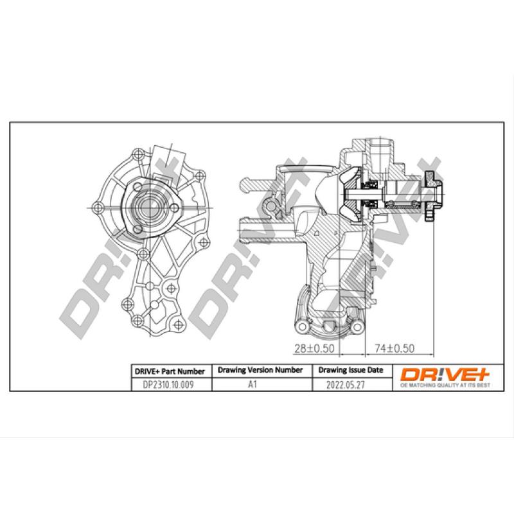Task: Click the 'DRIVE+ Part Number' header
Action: point(169,371)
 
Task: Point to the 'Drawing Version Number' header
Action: point(260,370)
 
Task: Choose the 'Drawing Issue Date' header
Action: point(350,370)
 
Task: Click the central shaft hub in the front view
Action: point(149,207)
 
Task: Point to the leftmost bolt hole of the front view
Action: point(98,207)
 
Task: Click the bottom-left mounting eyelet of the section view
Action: point(299,328)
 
